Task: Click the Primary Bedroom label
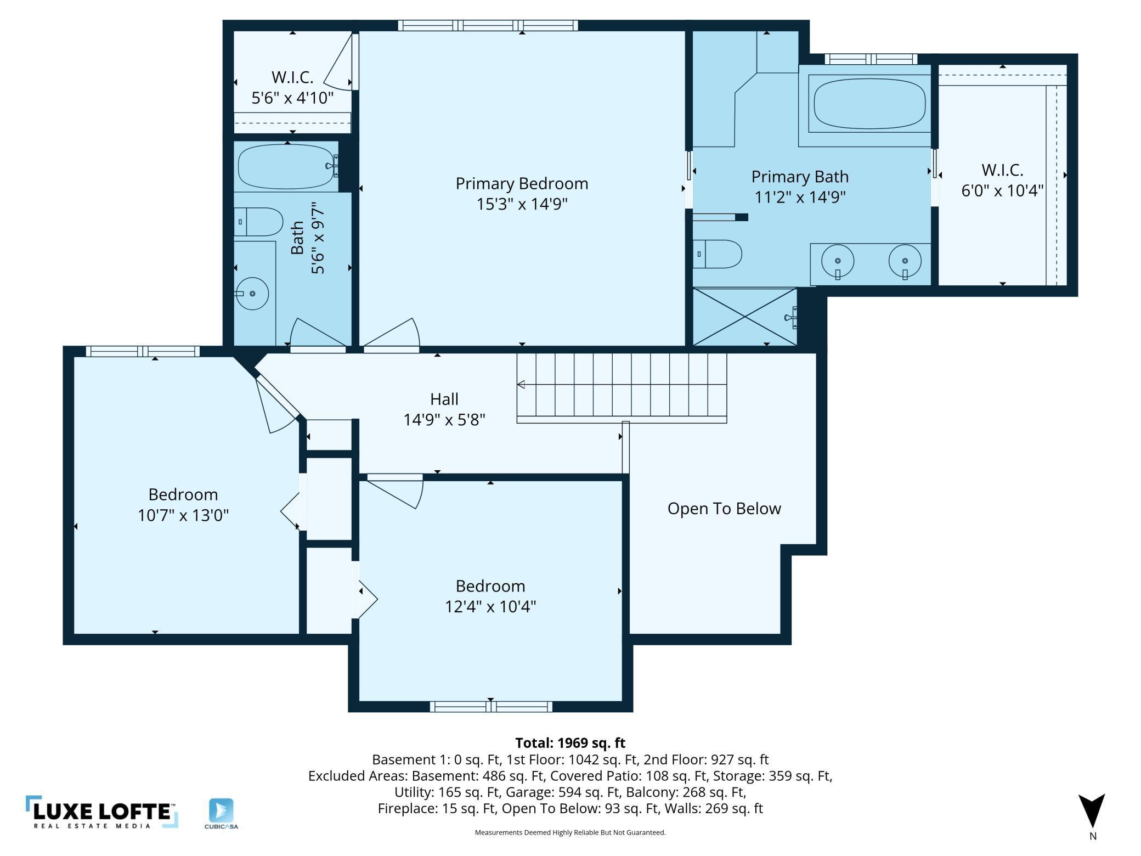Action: click(x=522, y=183)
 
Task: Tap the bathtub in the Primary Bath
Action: click(x=870, y=103)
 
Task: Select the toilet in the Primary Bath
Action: click(x=717, y=254)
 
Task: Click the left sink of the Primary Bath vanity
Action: click(x=838, y=262)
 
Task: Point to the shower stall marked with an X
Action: click(x=745, y=317)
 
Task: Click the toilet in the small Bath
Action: click(x=258, y=222)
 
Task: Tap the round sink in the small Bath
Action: click(x=252, y=294)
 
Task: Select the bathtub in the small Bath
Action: click(x=286, y=167)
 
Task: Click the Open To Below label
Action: click(x=724, y=509)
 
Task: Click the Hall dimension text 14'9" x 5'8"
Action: click(x=444, y=420)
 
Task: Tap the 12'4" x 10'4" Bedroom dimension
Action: click(x=490, y=606)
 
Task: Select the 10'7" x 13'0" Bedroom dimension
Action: click(x=183, y=515)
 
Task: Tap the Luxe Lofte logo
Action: click(x=102, y=812)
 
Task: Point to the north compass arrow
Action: click(x=1092, y=810)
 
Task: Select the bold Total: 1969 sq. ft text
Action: click(x=570, y=743)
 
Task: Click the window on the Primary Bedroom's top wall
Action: click(x=488, y=25)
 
